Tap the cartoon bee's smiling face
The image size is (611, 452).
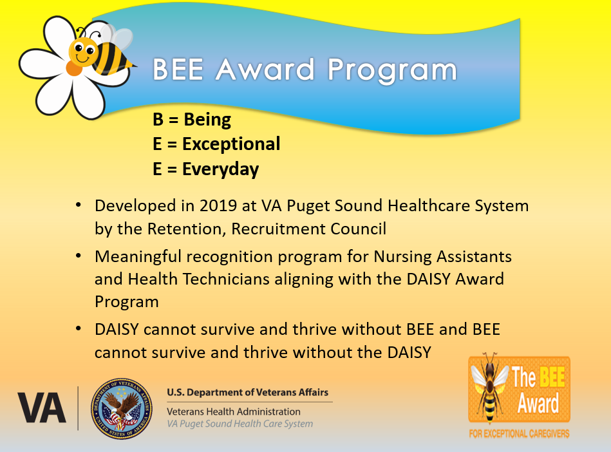82,52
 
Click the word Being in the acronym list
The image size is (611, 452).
207,120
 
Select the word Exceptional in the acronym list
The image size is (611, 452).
231,144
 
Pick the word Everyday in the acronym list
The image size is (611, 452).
220,169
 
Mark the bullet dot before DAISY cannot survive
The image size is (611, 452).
79,330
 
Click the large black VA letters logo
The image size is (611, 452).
42,408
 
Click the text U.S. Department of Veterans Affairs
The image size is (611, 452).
248,392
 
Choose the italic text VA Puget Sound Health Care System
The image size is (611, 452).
240,424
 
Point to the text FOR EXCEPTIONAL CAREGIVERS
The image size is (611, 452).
519,434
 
